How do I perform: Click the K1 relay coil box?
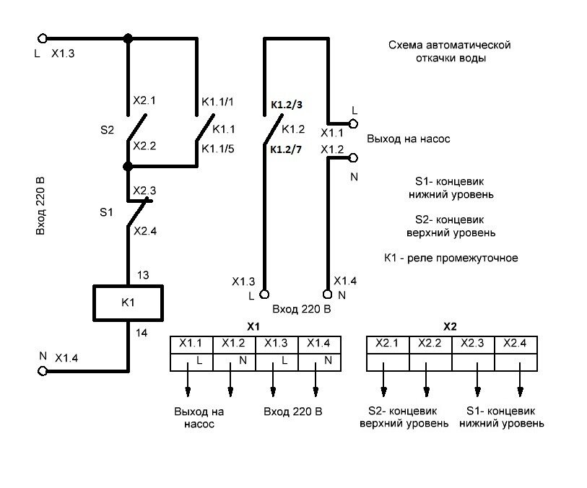(x=129, y=302)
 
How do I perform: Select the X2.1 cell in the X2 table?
(x=388, y=343)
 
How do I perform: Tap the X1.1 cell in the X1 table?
(x=191, y=343)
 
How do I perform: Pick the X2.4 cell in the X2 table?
(x=516, y=343)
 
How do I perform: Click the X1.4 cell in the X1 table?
(x=318, y=343)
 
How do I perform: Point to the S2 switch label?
(x=107, y=131)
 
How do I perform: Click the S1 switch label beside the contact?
(x=106, y=213)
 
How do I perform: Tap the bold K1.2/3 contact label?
(x=287, y=105)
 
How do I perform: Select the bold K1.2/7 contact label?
(x=287, y=150)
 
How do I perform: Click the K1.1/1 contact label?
(x=218, y=103)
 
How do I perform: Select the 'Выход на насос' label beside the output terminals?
(x=409, y=139)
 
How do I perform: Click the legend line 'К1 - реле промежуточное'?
(x=451, y=258)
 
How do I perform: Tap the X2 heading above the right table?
(x=450, y=326)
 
